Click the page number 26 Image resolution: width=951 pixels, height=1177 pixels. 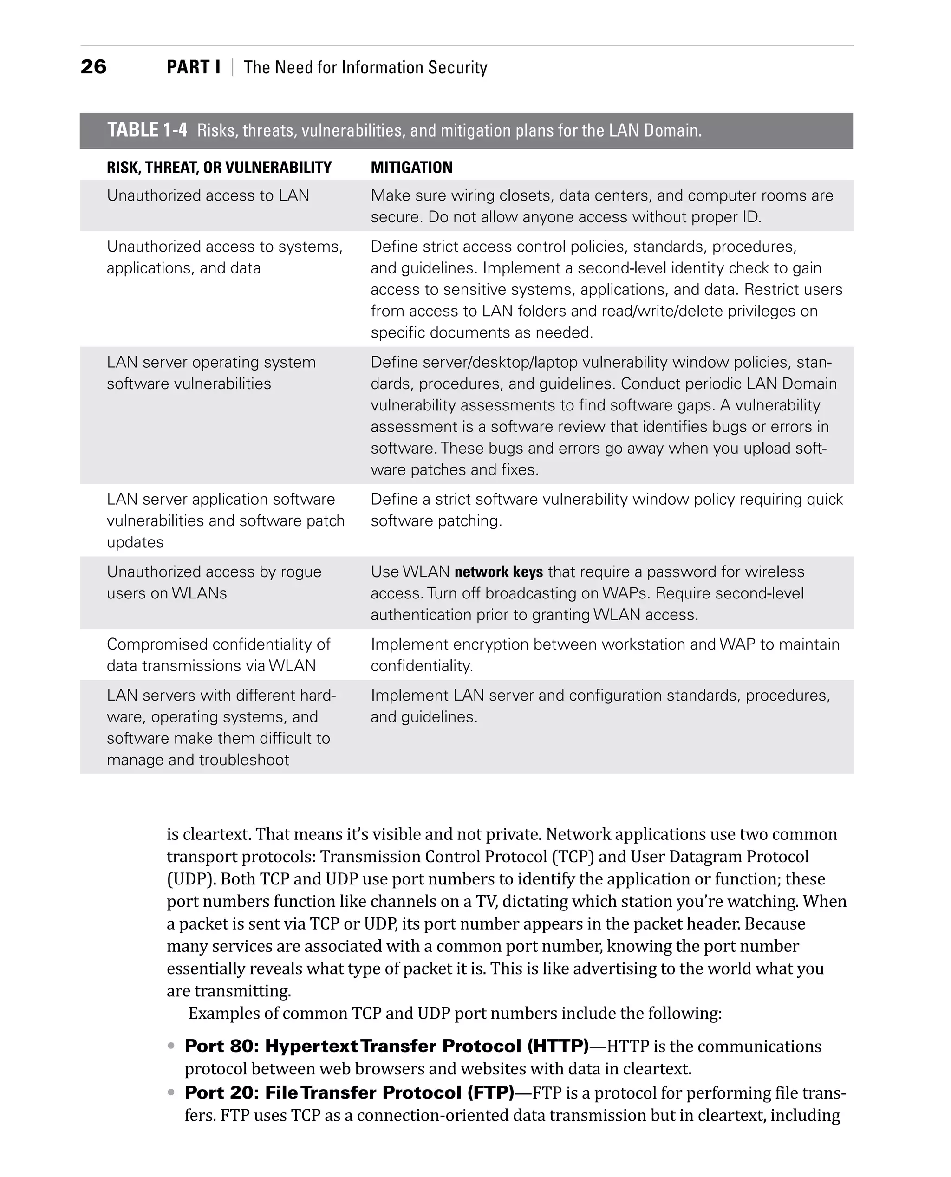pyautogui.click(x=93, y=67)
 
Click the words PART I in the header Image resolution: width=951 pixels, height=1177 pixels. pyautogui.click(x=193, y=67)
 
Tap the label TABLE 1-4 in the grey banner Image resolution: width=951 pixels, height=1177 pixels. pyautogui.click(x=147, y=130)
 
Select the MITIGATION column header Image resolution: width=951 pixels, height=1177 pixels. pyautogui.click(x=411, y=168)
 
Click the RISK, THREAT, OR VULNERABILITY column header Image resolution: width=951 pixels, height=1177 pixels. pyautogui.click(x=219, y=168)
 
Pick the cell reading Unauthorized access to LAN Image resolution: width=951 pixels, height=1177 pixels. pyautogui.click(x=208, y=195)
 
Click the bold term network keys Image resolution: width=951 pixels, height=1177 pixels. pyautogui.click(x=499, y=572)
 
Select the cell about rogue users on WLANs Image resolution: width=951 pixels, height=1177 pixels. pyautogui.click(x=214, y=582)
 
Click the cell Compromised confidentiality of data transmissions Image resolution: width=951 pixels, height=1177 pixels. pyautogui.click(x=218, y=655)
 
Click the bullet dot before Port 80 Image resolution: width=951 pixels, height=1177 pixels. pyautogui.click(x=171, y=1046)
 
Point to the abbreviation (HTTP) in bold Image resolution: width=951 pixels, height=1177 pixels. pyautogui.click(x=558, y=1046)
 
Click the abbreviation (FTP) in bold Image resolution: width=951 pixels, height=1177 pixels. pyautogui.click(x=490, y=1092)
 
